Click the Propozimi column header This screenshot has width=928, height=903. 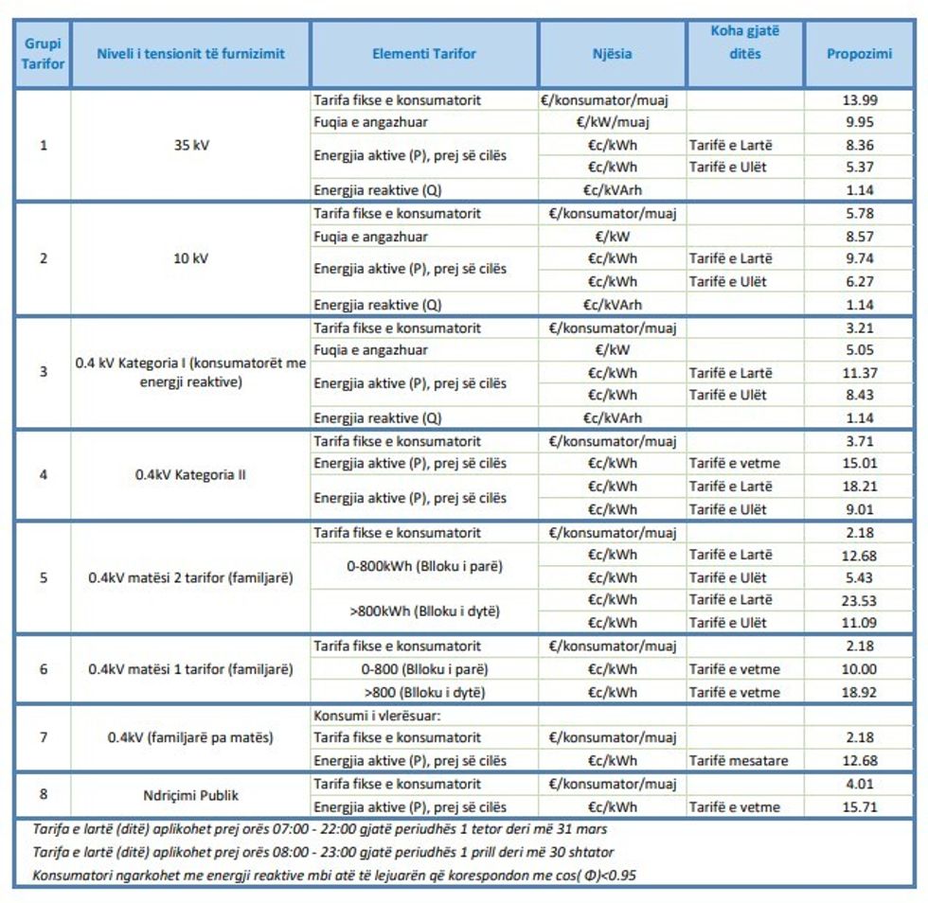(x=859, y=54)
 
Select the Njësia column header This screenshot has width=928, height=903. (x=612, y=54)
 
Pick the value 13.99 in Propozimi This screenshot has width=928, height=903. (x=859, y=99)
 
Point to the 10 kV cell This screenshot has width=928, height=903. (x=190, y=258)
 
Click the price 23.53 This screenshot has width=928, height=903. (x=859, y=600)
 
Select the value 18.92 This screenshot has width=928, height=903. (x=859, y=692)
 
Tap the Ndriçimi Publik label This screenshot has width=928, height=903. (x=190, y=795)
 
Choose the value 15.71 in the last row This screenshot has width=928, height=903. (x=859, y=806)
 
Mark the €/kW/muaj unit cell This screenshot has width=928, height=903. (x=612, y=122)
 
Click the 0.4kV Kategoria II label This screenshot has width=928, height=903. (x=190, y=475)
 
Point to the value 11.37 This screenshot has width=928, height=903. (x=859, y=373)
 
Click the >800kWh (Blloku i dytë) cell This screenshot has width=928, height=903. (x=424, y=611)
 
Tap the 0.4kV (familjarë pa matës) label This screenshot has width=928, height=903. (x=190, y=737)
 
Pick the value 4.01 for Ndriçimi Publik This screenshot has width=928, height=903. (x=859, y=784)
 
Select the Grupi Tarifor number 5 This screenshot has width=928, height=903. (x=43, y=577)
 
